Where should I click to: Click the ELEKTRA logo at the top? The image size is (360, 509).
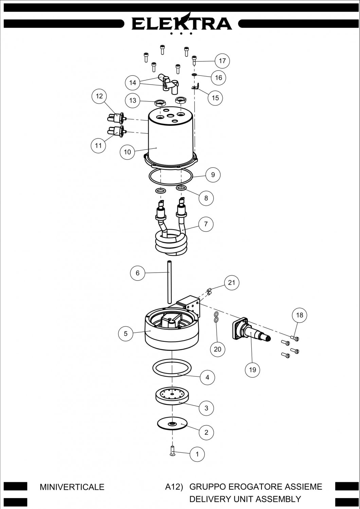point(182,24)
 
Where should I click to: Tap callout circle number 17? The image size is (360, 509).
point(222,61)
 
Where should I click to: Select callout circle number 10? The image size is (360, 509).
point(127,152)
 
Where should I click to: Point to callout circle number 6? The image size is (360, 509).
point(138,273)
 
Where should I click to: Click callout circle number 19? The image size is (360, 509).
point(252,370)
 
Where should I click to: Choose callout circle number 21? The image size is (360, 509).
point(232,282)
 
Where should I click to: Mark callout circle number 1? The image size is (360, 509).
point(197,454)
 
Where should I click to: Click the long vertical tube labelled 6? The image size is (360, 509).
point(169,282)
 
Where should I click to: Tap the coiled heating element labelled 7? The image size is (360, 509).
point(171,227)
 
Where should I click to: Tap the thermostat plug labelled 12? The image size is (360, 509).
point(116,118)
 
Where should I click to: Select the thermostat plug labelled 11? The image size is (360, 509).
point(116,131)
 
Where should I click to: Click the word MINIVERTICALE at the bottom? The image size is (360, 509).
point(72,487)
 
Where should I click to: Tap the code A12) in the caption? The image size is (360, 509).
point(174,487)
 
